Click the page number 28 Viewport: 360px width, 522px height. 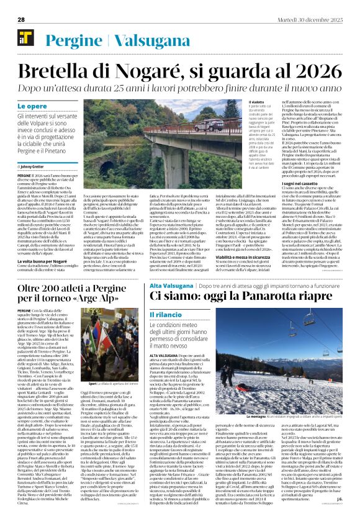pos(21,20)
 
